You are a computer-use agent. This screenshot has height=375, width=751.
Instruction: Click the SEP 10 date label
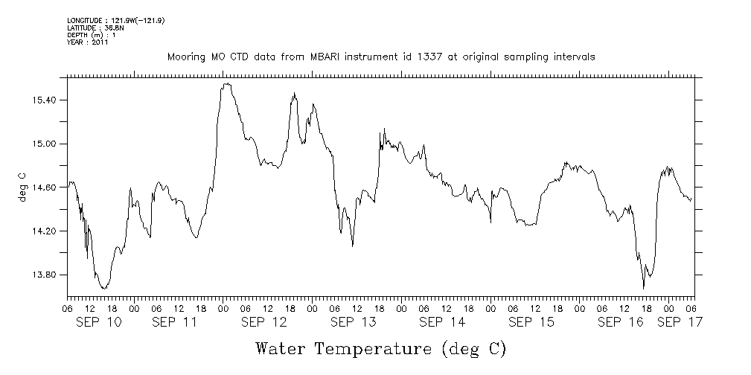(99, 322)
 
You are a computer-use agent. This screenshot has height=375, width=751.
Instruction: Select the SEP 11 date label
(174, 322)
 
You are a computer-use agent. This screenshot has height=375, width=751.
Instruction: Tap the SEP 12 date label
(263, 322)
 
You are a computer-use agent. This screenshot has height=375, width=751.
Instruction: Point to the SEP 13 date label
(353, 322)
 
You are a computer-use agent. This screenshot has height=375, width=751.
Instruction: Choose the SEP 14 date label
(442, 322)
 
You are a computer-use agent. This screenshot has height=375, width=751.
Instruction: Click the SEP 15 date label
(531, 322)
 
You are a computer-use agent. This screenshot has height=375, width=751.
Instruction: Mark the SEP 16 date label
(621, 322)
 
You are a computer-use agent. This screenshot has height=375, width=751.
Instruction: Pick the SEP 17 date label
(679, 322)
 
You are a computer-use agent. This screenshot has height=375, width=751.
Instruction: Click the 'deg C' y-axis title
(22, 187)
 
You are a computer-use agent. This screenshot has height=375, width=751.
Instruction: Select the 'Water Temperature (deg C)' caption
(380, 348)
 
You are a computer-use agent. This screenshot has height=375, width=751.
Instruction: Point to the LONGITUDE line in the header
(115, 20)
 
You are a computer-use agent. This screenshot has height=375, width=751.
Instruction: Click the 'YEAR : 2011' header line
(89, 42)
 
